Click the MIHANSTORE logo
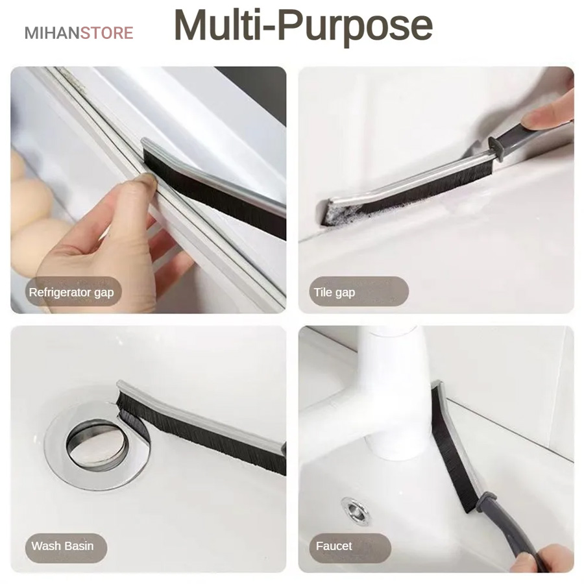(x=79, y=33)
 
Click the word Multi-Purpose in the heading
(x=303, y=25)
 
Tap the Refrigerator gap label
(x=71, y=293)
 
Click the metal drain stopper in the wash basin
(x=97, y=445)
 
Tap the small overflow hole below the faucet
(x=356, y=511)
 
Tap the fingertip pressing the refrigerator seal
(x=145, y=181)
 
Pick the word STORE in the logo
(x=107, y=33)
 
